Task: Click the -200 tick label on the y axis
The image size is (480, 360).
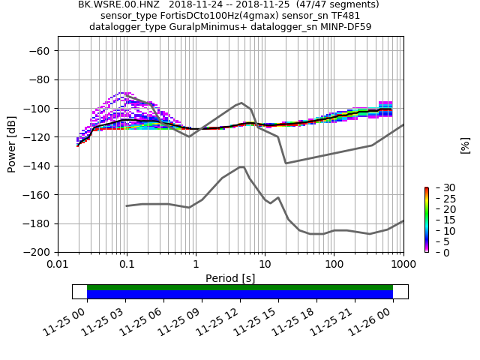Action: [37, 253]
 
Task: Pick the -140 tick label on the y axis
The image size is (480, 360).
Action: [37, 166]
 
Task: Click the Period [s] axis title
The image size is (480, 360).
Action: [230, 278]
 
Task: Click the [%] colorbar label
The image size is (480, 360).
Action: [465, 145]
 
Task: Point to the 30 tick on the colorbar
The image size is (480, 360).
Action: [439, 187]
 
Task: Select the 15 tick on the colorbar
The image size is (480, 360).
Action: [439, 220]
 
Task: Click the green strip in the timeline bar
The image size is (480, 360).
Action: [240, 287]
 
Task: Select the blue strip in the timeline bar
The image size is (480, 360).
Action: [240, 295]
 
